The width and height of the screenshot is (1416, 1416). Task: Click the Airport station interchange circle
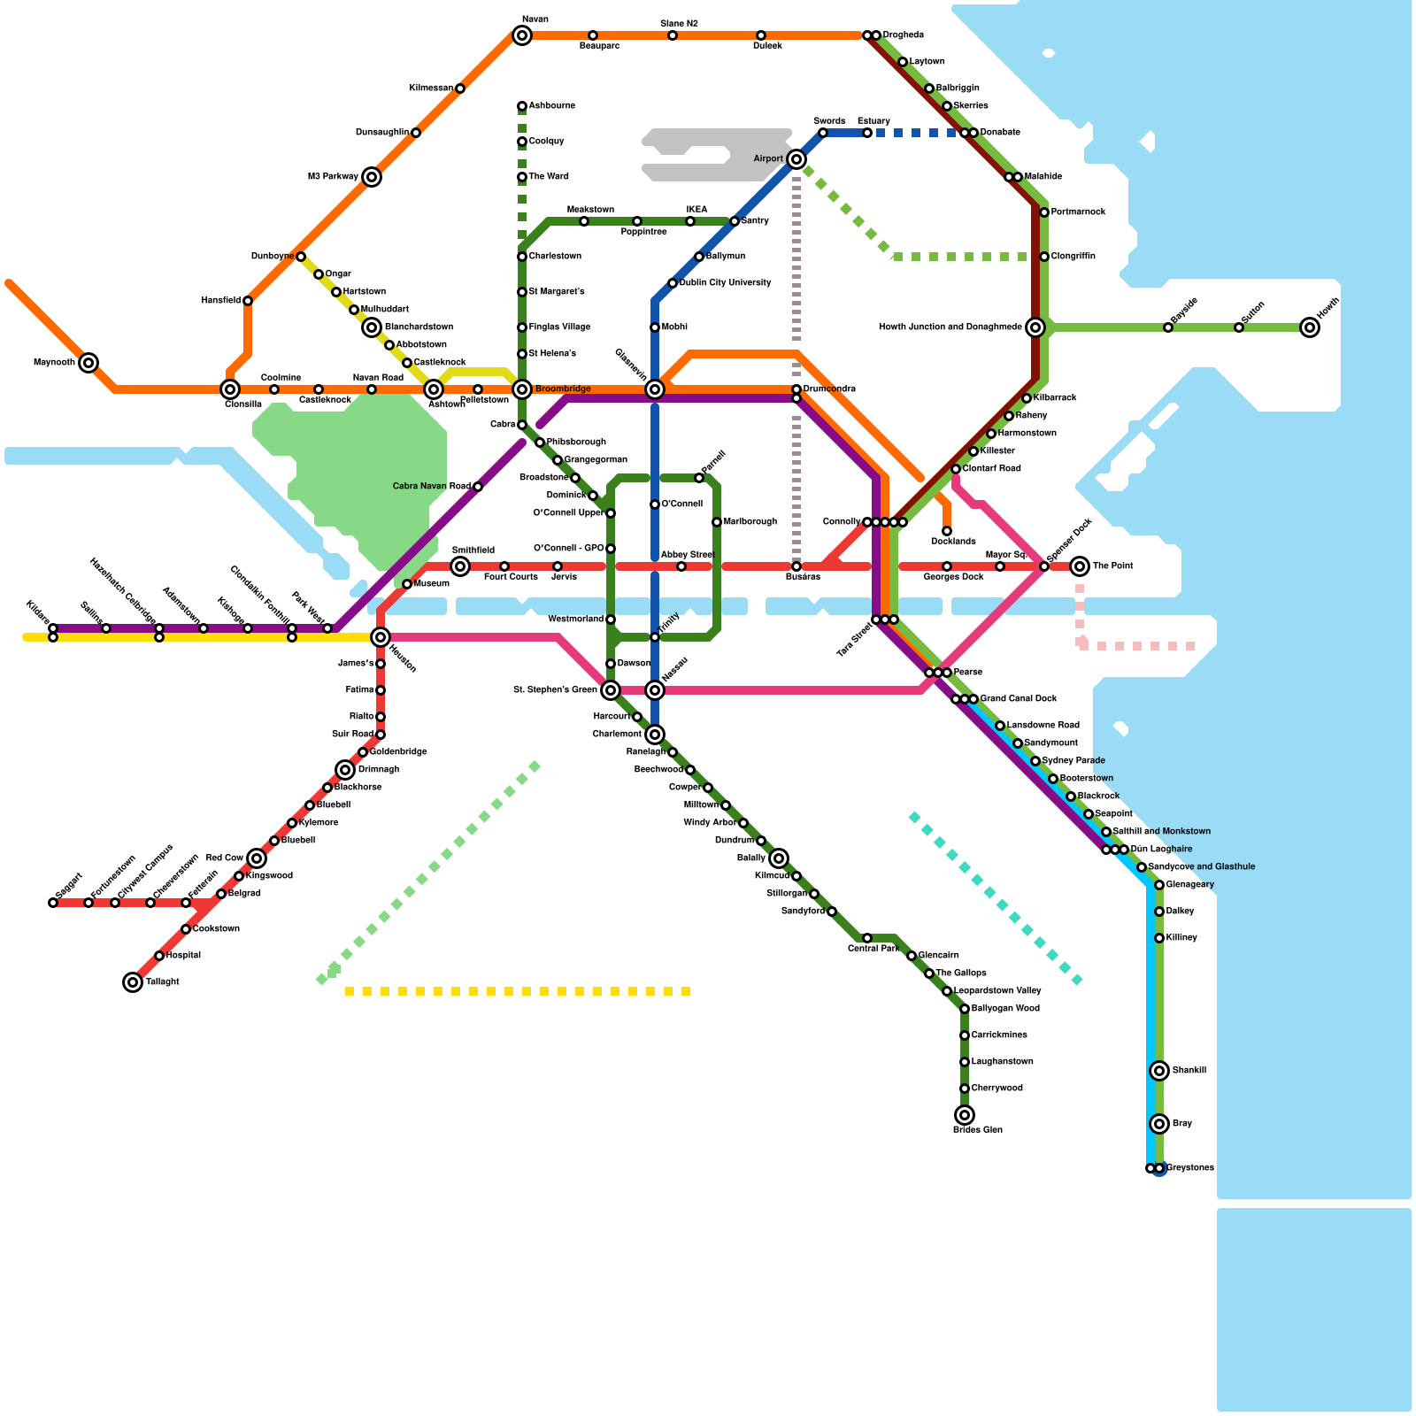click(x=796, y=159)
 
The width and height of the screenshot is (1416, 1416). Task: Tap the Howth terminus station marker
click(x=1310, y=327)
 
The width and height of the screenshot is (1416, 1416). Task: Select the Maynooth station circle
click(x=88, y=363)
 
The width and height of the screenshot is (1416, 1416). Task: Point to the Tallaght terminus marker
click(x=133, y=982)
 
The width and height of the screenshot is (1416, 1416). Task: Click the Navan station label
click(x=535, y=19)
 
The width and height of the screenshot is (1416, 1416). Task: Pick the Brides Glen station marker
click(x=965, y=1115)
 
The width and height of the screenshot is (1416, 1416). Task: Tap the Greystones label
click(x=1190, y=1168)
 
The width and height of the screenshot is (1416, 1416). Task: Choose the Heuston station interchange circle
click(x=381, y=637)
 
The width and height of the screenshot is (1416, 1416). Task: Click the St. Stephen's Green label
click(x=555, y=690)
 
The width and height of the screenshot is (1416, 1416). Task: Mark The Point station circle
click(x=1080, y=566)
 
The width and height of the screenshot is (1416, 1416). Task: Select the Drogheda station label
click(x=904, y=35)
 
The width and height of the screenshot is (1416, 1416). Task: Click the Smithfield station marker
click(x=460, y=566)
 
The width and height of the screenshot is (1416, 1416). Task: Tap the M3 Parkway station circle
click(x=372, y=177)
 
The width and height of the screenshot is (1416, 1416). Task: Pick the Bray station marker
click(x=1159, y=1124)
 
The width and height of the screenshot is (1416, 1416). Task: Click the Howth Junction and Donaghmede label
click(x=950, y=327)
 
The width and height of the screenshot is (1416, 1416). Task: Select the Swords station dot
click(x=823, y=133)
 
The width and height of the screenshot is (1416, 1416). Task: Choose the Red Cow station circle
click(x=257, y=858)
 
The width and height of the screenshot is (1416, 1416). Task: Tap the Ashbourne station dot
click(x=522, y=106)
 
